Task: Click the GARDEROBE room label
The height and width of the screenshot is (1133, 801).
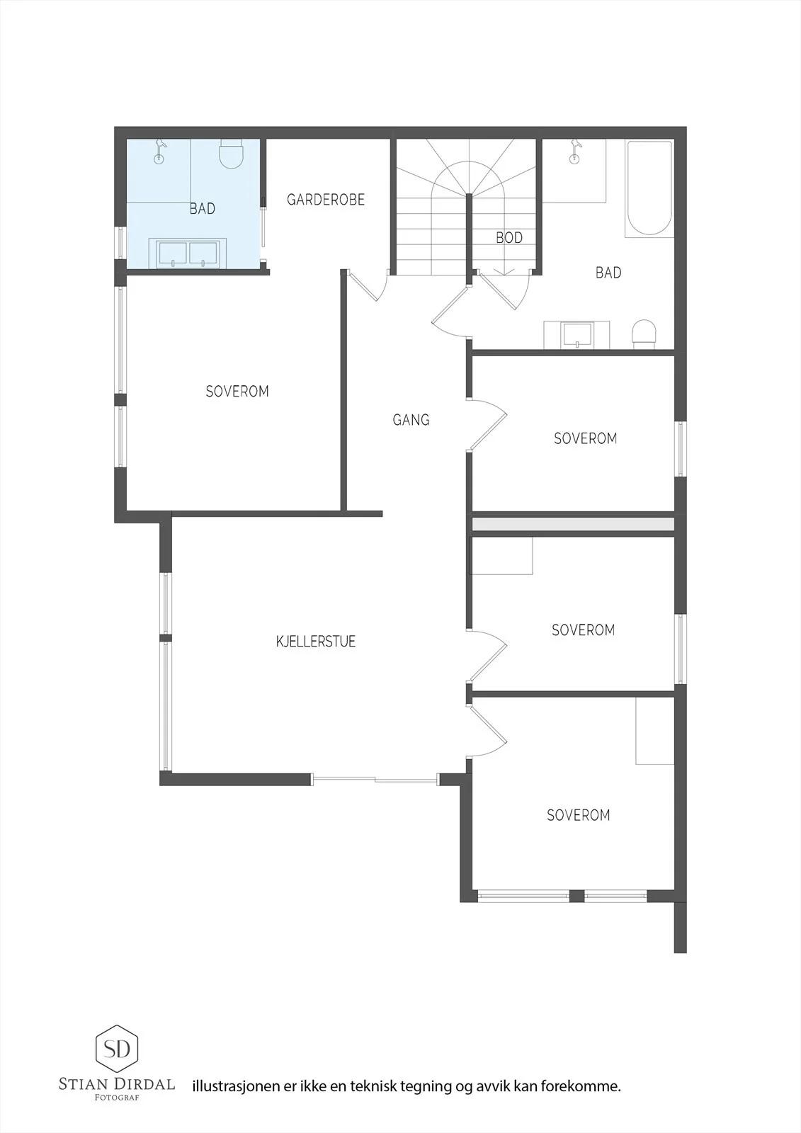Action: click(325, 200)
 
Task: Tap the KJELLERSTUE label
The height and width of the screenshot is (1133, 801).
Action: click(316, 642)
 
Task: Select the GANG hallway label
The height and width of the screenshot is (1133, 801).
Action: click(411, 420)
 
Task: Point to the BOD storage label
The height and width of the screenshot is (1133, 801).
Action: click(509, 238)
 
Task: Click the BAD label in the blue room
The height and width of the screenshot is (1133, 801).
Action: click(203, 208)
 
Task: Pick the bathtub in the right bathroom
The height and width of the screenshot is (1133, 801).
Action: click(649, 188)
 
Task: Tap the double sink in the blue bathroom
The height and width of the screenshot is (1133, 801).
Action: click(188, 254)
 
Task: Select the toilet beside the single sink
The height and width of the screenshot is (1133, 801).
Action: click(644, 334)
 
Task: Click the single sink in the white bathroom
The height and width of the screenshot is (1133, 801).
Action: click(576, 335)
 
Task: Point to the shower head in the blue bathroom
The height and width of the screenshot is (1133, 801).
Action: click(160, 150)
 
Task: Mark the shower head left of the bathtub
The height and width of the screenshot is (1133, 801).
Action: click(574, 152)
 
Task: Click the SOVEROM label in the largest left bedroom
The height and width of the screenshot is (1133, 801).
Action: click(237, 392)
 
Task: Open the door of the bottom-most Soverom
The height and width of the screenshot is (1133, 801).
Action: click(487, 732)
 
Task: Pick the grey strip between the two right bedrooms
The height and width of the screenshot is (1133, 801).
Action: click(573, 523)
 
